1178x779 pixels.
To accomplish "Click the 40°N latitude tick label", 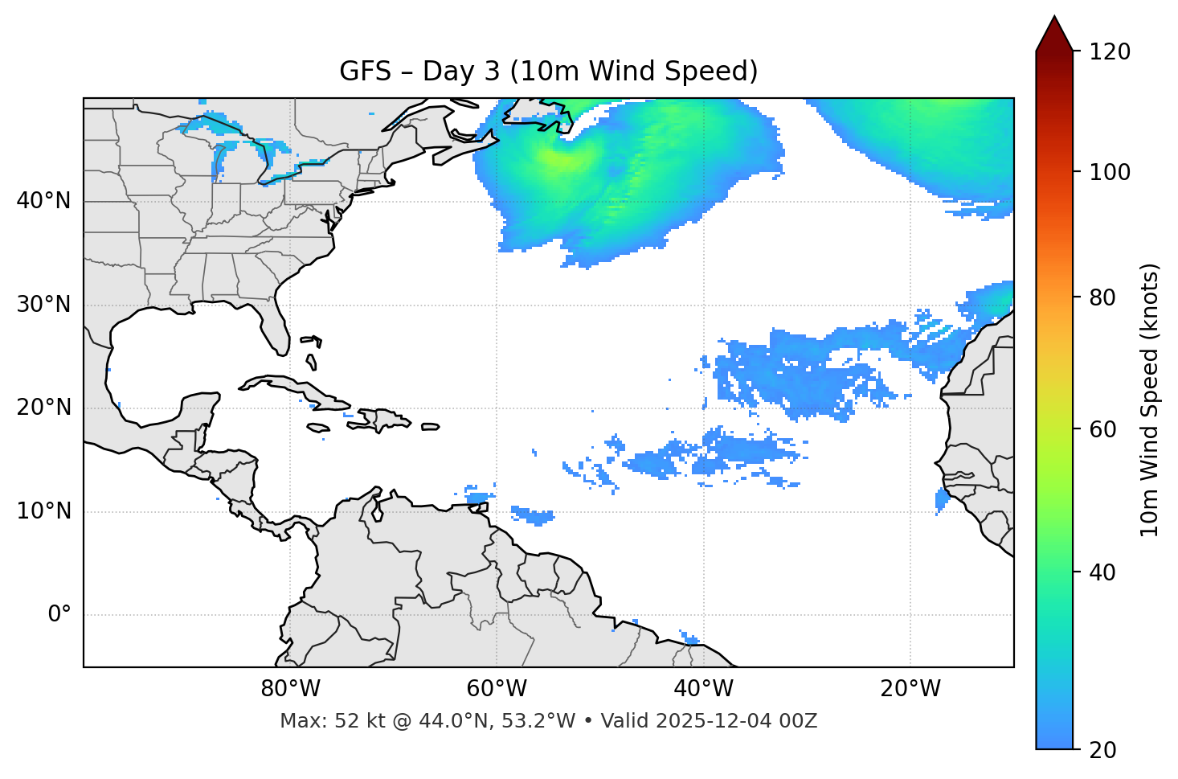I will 43,201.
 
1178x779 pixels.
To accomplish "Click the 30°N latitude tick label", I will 43,305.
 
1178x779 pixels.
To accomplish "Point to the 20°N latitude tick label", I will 43,408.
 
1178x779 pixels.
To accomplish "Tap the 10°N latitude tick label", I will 43,511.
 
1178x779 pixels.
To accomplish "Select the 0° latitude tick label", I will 59,615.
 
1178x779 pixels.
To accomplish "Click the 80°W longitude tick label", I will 290,689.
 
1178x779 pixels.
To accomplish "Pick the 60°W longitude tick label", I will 497,689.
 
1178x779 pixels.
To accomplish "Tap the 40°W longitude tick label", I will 703,689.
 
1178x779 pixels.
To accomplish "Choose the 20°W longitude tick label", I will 910,689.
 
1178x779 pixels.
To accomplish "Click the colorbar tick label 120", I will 1110,52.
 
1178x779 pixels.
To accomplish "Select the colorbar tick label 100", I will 1110,172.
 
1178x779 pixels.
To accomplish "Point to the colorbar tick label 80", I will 1104,297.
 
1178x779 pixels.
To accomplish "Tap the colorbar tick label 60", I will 1104,429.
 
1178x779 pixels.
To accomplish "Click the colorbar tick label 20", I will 1104,750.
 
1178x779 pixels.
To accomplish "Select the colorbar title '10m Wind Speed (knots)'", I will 1150,400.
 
